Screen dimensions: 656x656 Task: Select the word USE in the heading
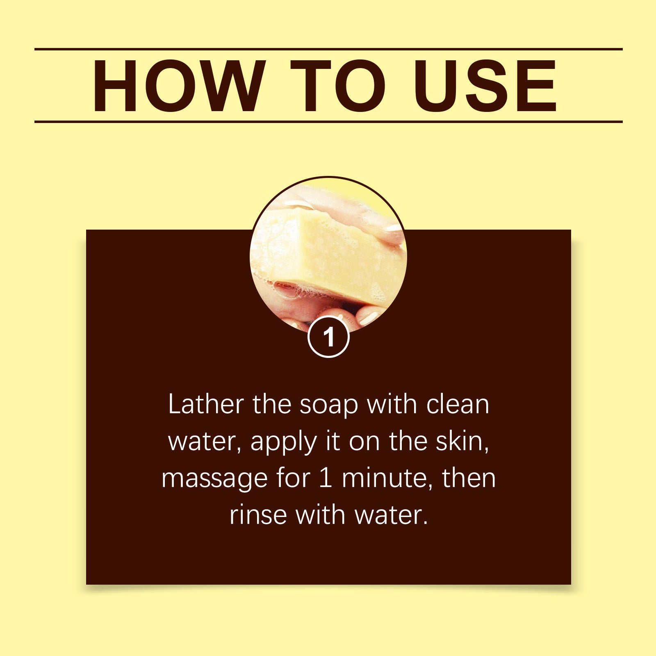click(485, 86)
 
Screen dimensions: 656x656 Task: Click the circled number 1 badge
click(328, 337)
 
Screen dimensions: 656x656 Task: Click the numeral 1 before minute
click(325, 478)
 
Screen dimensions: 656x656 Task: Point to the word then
click(469, 478)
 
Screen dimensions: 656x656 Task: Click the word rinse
click(258, 515)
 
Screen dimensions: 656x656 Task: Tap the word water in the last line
click(390, 515)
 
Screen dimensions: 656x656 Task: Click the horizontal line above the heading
click(328, 49)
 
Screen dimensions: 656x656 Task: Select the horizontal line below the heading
click(328, 122)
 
